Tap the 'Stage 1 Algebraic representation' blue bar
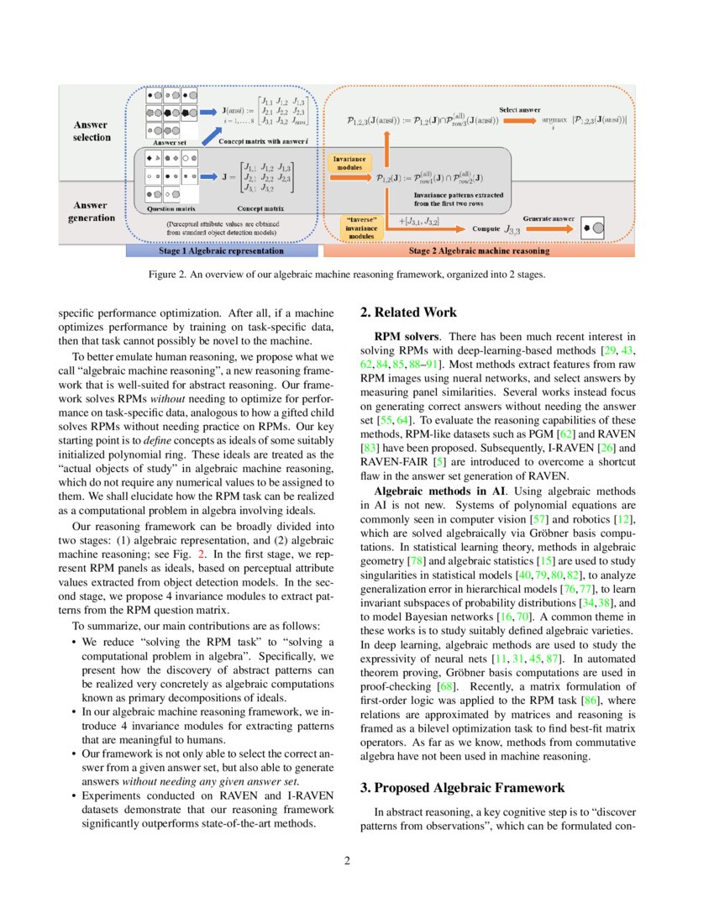pyautogui.click(x=222, y=250)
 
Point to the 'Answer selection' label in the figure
pyautogui.click(x=92, y=131)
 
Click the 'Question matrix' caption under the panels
pyautogui.click(x=172, y=208)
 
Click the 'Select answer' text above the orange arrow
pyautogui.click(x=520, y=110)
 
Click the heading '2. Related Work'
pyautogui.click(x=408, y=312)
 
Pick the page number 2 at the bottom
pyautogui.click(x=357, y=860)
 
